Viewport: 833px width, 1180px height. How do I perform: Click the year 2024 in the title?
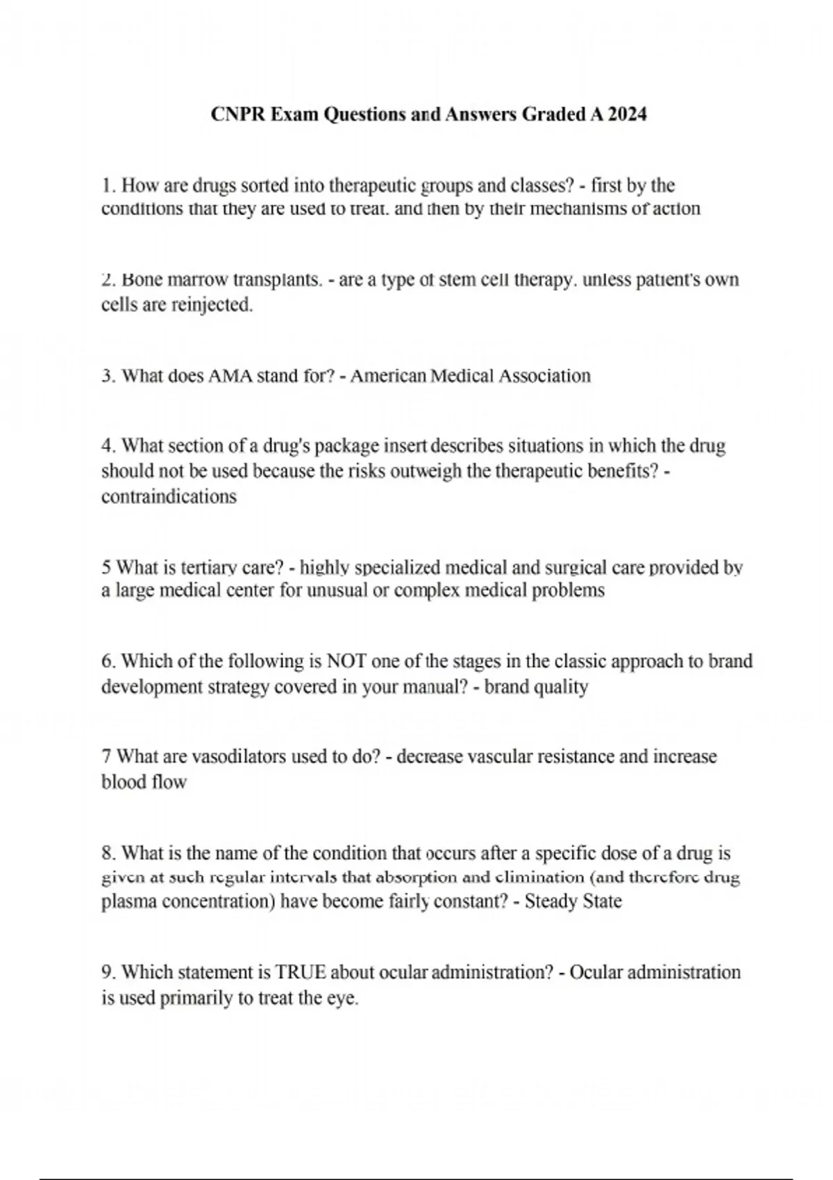(628, 115)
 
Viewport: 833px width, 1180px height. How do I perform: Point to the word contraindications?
(169, 497)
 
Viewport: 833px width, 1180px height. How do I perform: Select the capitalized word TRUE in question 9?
(301, 972)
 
